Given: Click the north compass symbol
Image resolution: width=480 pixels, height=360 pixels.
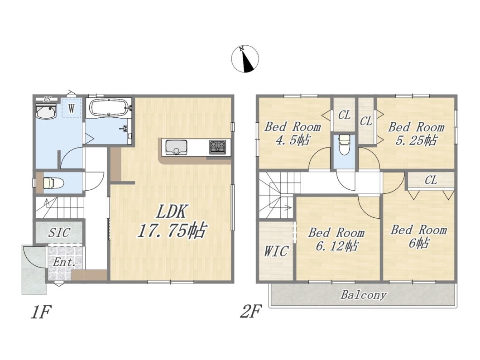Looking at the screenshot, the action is (x=245, y=59).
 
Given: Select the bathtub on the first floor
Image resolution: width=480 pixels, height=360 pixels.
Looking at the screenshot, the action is (x=109, y=107).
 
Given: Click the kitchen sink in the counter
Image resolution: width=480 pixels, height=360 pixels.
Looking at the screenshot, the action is (x=176, y=148).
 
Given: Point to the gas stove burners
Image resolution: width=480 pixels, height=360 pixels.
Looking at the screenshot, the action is (x=218, y=147).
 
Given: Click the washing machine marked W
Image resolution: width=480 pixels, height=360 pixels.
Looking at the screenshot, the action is (x=72, y=108).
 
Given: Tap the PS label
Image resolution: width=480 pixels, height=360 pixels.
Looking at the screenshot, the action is (x=47, y=99).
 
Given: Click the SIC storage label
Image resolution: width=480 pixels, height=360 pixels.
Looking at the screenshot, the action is (x=59, y=233).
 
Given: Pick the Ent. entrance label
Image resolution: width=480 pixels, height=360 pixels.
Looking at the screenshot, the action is (x=64, y=262).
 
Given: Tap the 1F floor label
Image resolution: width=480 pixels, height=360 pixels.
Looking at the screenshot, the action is (x=41, y=312).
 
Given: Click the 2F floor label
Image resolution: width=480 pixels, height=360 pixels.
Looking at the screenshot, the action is (x=251, y=312).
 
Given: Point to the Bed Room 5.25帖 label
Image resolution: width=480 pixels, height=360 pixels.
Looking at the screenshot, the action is (x=416, y=134).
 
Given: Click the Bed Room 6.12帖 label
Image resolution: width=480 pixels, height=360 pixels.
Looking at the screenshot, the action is (x=336, y=240).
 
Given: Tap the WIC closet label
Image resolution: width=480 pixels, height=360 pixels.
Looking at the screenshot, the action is (x=276, y=252).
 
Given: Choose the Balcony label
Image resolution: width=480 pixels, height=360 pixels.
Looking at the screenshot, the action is (x=364, y=295).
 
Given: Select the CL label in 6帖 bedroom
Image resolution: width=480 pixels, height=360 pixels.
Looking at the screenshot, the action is (x=431, y=180).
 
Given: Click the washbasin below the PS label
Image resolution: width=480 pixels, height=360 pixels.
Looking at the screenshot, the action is (x=46, y=111).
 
